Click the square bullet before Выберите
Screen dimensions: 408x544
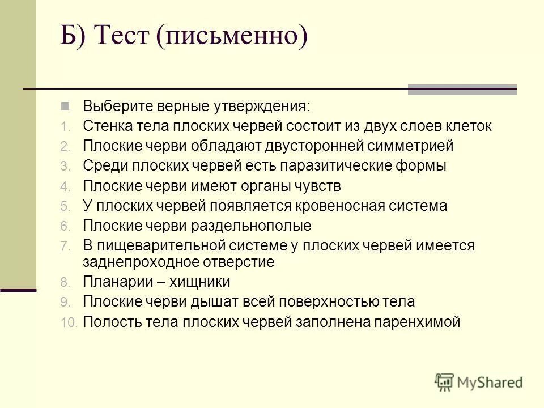tap(65, 105)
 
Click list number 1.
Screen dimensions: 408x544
tap(65, 126)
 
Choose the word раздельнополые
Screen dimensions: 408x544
tap(253, 226)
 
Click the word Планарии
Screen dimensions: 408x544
tap(113, 282)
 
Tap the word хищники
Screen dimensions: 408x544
tap(199, 282)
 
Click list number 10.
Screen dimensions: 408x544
tap(68, 322)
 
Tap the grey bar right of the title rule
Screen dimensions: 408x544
tap(462, 90)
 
